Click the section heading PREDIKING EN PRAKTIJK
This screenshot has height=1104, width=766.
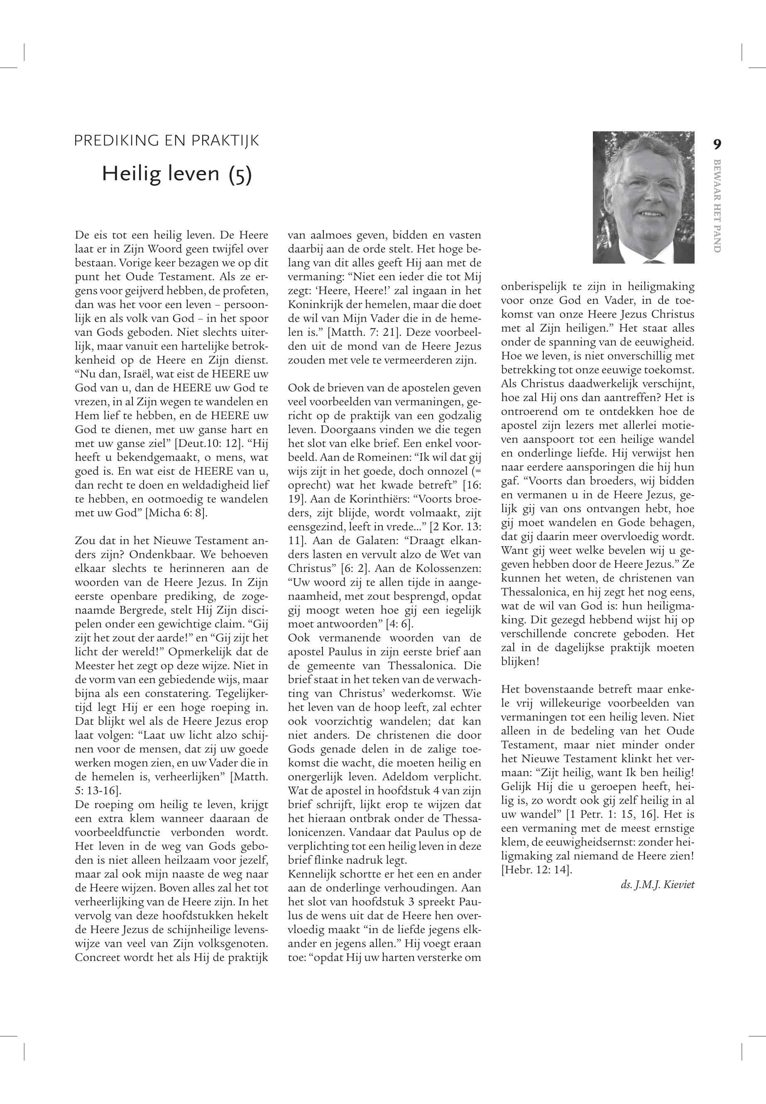[x=166, y=141]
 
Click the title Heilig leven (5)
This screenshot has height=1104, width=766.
[x=176, y=173]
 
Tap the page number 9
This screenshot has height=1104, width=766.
[x=717, y=144]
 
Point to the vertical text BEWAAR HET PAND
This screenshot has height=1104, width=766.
[x=717, y=205]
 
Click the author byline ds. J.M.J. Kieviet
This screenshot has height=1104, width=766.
[x=658, y=885]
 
